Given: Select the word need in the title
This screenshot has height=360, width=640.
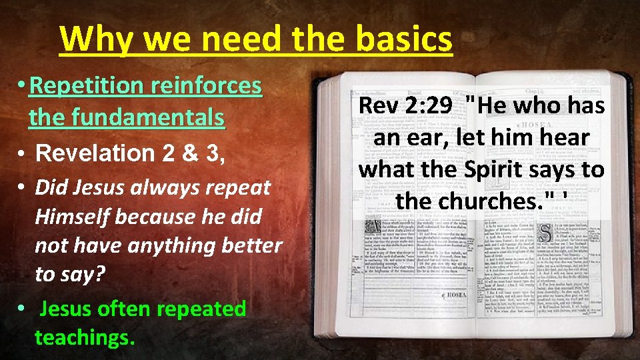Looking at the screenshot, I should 245,40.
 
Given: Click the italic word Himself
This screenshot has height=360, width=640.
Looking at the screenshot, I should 71,217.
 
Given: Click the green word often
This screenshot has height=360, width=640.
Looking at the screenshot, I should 122,309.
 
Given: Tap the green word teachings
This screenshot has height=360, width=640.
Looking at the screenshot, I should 85,337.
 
